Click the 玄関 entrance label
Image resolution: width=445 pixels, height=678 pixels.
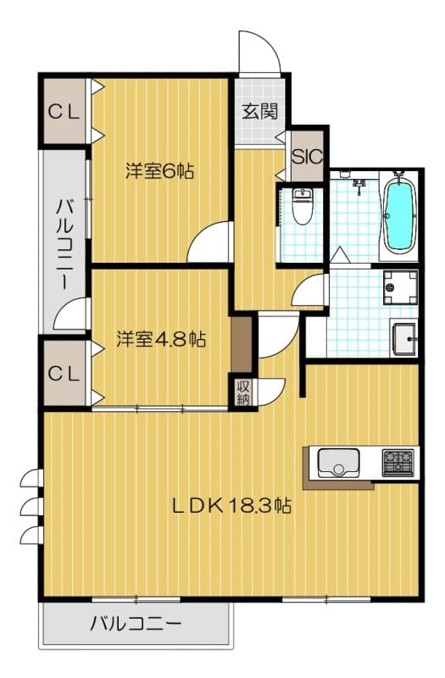click(259, 111)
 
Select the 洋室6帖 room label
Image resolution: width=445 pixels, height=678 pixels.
click(160, 170)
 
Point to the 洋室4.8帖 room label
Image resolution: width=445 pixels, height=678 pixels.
click(160, 339)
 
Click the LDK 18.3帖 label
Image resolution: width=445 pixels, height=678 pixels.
click(232, 506)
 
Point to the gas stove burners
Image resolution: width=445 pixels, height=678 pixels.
click(397, 462)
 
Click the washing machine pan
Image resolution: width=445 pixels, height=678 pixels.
click(399, 287)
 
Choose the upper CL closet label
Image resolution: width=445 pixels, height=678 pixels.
click(64, 111)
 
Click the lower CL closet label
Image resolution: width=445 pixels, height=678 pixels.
click(64, 372)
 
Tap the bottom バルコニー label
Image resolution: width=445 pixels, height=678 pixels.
click(136, 625)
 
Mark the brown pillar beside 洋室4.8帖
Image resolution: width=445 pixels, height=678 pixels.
click(242, 343)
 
